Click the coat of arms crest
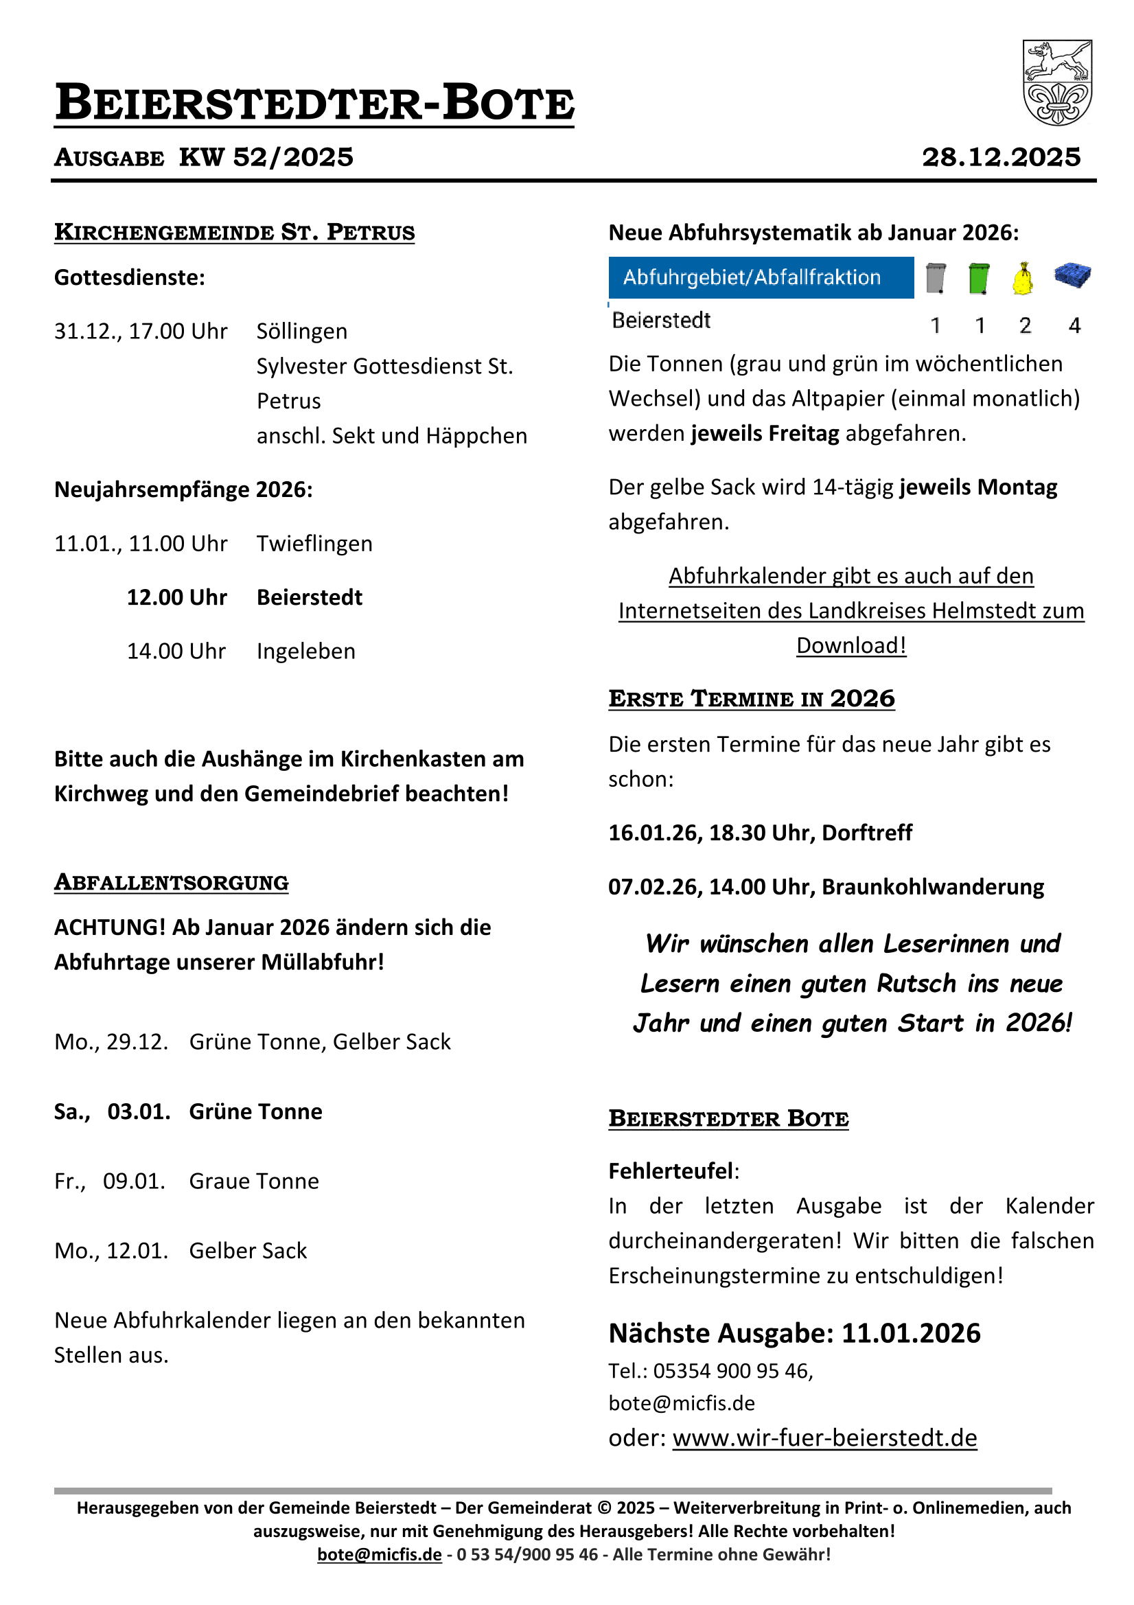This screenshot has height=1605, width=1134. coord(1056,82)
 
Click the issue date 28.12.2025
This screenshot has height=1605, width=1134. coord(1001,157)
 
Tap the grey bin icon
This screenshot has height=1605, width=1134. coord(935,278)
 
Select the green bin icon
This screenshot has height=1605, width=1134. coord(979,278)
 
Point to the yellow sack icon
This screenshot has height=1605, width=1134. coord(1023,279)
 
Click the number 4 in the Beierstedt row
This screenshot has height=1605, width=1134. coord(1074,325)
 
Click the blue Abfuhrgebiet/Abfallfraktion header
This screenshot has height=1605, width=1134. coord(761,277)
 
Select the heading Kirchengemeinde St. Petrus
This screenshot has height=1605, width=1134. coord(234,232)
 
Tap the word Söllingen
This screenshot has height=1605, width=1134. coord(301,332)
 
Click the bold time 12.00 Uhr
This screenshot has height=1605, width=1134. coord(177,598)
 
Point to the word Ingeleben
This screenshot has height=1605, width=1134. coord(305,651)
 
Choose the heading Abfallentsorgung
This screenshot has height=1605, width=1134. coord(172,883)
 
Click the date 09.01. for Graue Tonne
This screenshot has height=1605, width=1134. coord(134,1181)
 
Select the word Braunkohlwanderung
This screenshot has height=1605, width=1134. coord(933,887)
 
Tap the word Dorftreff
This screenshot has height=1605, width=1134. coord(867,833)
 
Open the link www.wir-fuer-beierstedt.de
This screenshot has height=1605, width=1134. coord(824,1439)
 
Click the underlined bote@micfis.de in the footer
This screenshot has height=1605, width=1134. coord(379,1555)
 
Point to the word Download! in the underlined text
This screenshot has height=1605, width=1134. coord(851,646)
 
